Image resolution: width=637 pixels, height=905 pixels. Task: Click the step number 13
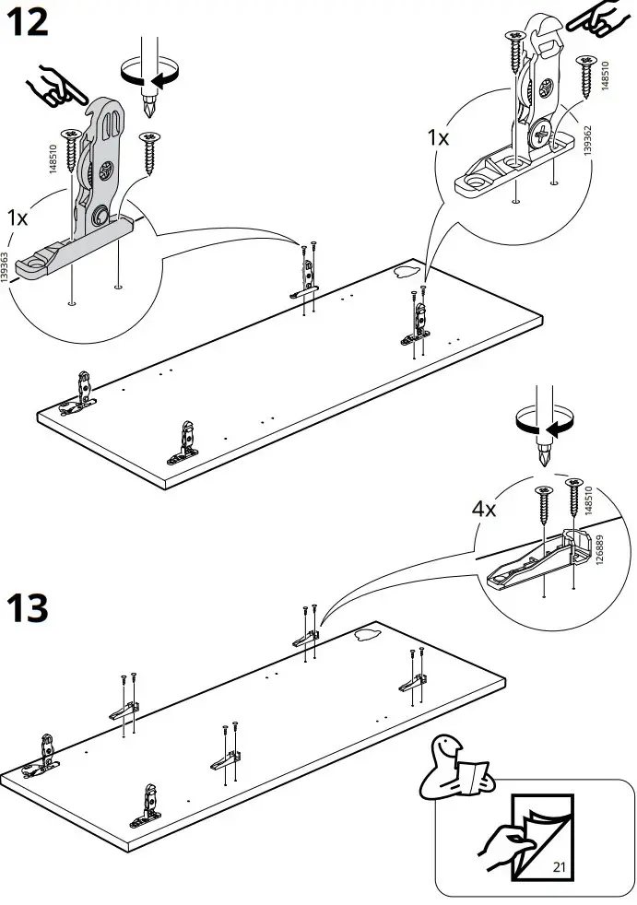pos(29,609)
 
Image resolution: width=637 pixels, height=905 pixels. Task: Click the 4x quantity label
pos(484,509)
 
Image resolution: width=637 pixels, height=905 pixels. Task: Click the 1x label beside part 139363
pos(17,219)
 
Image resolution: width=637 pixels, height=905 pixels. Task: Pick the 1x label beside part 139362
pos(437,138)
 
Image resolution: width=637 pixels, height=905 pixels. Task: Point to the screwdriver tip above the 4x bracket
pos(544,456)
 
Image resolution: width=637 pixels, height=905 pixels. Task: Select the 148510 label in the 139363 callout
pos(53,159)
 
